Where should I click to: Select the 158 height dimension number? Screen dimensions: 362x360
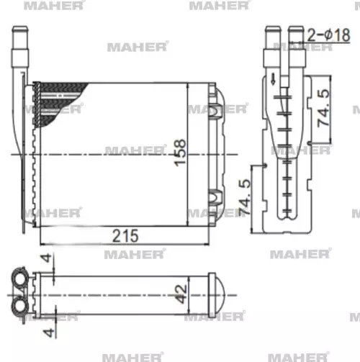point(180,153)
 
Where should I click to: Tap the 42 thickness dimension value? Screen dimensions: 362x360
point(183,292)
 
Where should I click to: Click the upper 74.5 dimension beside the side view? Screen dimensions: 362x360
point(325,107)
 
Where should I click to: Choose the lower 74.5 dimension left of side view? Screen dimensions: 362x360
point(246,198)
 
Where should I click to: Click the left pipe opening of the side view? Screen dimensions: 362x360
point(271,36)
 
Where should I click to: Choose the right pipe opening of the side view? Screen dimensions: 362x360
point(295,36)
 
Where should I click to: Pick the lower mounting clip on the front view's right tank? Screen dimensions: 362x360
point(214,196)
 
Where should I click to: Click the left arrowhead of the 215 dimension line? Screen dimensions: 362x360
point(38,243)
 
